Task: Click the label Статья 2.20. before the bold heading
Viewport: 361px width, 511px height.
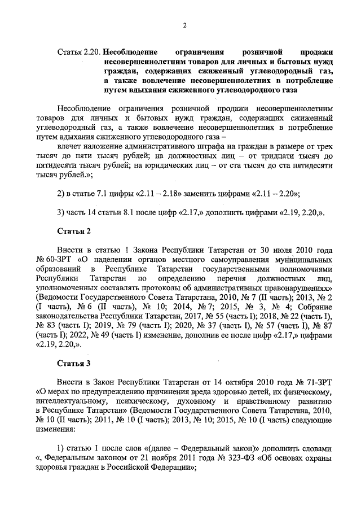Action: click(x=79, y=53)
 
